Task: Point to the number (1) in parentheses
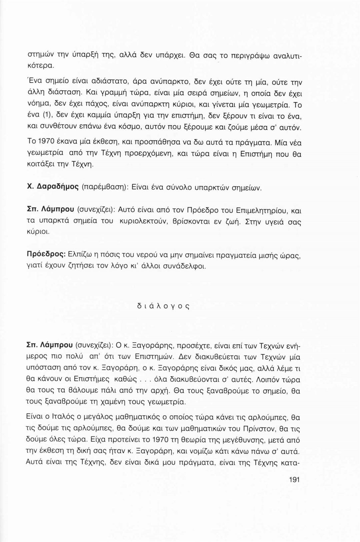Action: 43,115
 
